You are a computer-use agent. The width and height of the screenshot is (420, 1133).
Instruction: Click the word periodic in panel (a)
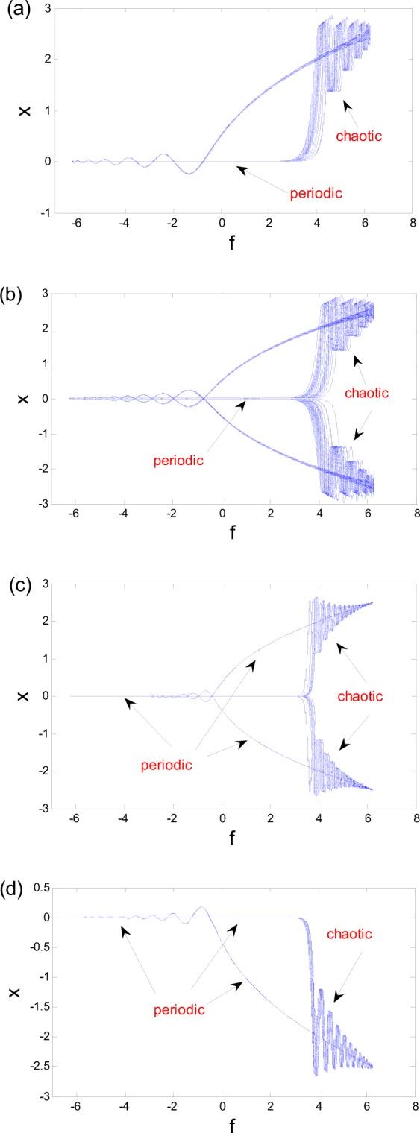point(316,194)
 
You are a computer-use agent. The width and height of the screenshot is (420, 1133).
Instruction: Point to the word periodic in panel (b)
point(178,460)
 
